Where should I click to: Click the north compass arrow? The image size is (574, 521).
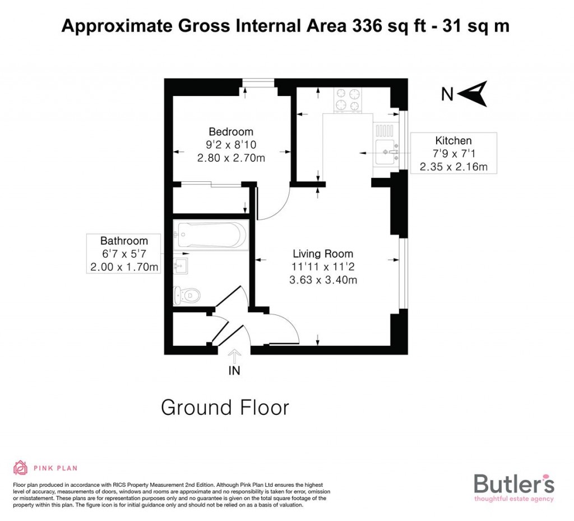tap(474, 93)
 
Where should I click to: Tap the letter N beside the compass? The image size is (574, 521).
tap(447, 95)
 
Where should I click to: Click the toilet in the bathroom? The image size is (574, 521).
tap(187, 294)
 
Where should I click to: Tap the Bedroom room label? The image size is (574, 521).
tap(230, 132)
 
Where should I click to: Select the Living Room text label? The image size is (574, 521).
tap(323, 254)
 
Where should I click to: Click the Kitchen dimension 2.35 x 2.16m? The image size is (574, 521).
tap(453, 167)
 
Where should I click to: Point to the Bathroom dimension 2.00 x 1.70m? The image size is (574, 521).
tap(124, 267)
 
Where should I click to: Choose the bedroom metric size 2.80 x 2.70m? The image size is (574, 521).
tap(230, 158)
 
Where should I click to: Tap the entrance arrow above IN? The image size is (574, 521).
tap(235, 355)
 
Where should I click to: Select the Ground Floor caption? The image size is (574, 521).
tap(225, 408)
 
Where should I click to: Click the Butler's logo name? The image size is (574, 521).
tap(514, 484)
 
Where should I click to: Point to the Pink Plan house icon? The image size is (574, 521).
tap(20, 468)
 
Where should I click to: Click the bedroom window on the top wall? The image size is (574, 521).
tap(258, 83)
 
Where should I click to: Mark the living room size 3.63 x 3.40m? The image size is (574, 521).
tap(323, 280)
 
